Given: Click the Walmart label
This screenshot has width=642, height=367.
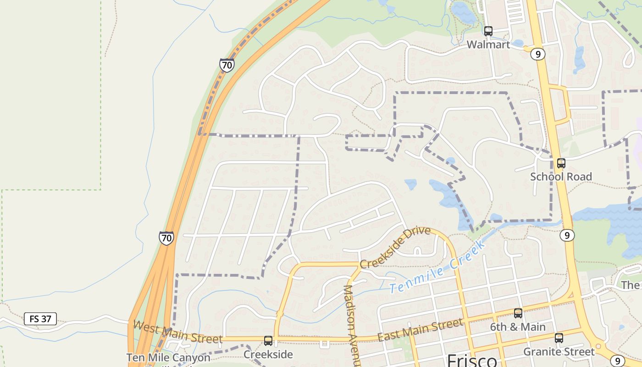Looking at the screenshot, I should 488,44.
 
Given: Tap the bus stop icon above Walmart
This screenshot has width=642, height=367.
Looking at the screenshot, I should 488,31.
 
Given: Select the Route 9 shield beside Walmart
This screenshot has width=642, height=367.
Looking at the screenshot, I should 537,54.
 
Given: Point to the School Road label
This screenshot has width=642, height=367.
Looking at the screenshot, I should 561,177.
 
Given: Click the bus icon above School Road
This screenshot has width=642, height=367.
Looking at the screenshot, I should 561,163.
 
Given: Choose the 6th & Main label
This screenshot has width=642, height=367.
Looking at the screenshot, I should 518,327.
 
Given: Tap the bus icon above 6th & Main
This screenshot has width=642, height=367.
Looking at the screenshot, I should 518,313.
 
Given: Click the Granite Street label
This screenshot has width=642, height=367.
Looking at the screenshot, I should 559,352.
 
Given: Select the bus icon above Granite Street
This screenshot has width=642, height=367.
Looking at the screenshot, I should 559,338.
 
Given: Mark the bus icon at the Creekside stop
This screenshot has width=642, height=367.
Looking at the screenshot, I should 268,341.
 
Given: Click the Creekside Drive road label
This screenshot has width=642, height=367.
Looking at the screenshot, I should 395,247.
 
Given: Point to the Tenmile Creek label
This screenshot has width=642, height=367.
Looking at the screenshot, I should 437,268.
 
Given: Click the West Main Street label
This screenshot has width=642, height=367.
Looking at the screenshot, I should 177,332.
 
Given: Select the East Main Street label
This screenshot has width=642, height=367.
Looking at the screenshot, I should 420,330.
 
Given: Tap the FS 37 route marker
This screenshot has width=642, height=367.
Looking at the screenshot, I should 40,319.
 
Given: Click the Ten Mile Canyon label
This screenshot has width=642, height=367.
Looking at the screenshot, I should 168,357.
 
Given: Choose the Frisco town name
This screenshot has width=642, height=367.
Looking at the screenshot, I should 472,360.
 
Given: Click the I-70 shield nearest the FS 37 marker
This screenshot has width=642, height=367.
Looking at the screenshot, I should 166,238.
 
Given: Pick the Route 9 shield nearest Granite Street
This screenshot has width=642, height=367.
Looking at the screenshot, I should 618,361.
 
